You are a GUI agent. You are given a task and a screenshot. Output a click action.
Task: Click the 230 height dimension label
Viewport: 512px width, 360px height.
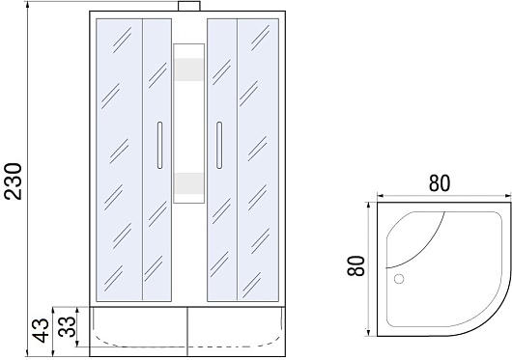(14, 181)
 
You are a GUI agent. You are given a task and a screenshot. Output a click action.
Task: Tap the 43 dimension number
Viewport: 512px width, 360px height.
(42, 331)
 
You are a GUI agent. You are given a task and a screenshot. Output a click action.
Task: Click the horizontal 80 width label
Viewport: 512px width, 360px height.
(440, 183)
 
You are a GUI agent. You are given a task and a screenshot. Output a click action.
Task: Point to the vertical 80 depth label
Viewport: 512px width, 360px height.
(356, 265)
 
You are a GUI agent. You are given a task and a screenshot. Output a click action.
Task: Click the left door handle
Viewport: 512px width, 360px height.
(159, 145)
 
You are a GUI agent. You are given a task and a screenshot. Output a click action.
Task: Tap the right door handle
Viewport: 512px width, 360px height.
(219, 145)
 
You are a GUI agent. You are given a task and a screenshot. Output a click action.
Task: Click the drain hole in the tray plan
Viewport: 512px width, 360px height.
(399, 279)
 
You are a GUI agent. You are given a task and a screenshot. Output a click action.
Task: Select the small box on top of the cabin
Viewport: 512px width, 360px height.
(189, 6)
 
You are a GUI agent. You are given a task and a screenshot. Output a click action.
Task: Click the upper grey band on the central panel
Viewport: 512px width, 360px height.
(189, 69)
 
